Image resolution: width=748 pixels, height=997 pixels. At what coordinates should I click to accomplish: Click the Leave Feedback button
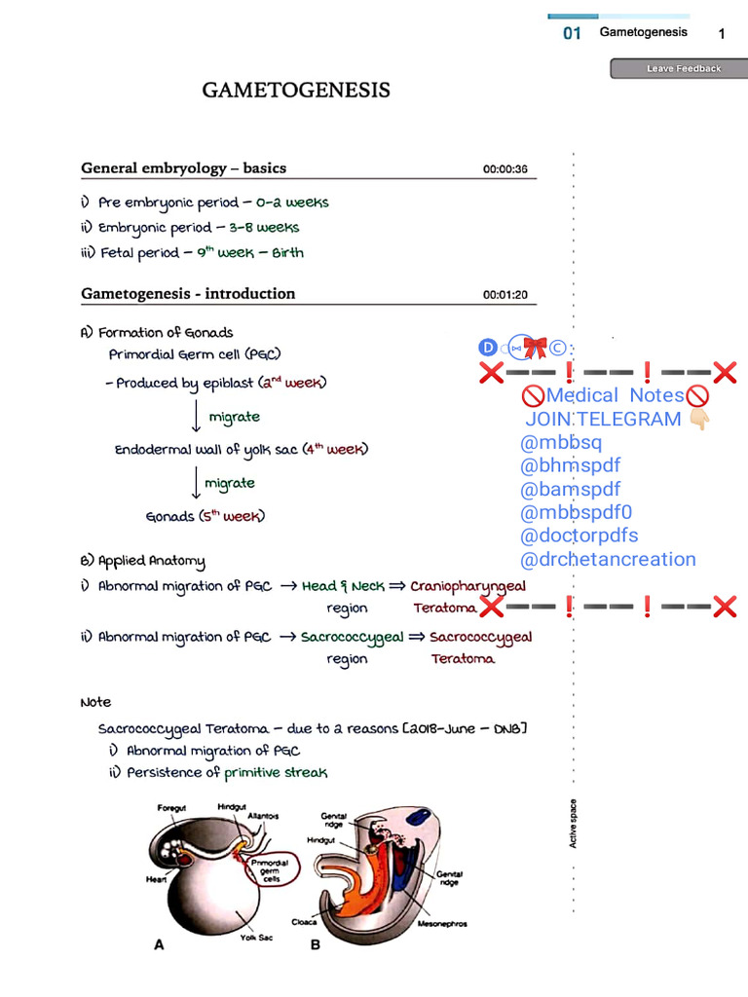(x=679, y=69)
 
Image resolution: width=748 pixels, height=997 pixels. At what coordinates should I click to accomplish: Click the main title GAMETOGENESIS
(x=296, y=91)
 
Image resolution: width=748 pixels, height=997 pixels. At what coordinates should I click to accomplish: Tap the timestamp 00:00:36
(x=505, y=169)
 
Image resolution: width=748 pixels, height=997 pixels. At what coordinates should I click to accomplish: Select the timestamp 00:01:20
(x=505, y=295)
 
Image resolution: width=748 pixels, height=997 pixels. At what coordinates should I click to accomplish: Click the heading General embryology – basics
(x=183, y=168)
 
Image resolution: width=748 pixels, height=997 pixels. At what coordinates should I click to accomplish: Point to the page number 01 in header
(x=572, y=34)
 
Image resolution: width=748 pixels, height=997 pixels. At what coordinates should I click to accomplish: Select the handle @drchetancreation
(x=608, y=560)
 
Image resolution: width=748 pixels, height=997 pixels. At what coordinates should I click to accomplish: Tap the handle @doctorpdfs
(x=580, y=535)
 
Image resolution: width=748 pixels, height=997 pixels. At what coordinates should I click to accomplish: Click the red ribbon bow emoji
(x=535, y=347)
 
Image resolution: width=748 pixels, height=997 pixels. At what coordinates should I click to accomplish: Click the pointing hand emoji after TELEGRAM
(x=699, y=420)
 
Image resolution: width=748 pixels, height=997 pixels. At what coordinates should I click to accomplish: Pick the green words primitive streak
(x=276, y=772)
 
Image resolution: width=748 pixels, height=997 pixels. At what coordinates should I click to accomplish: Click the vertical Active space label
(x=573, y=823)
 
